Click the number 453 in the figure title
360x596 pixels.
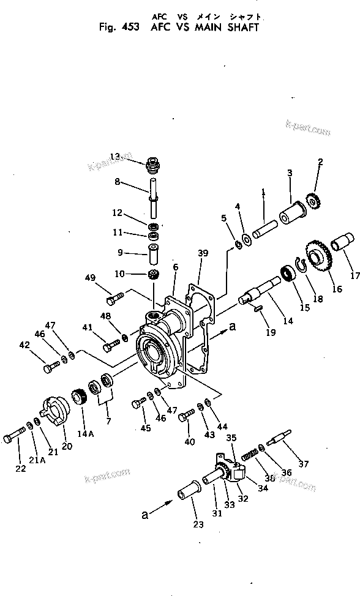(130, 27)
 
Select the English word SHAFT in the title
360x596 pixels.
(240, 27)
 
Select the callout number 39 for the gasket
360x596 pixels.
(203, 252)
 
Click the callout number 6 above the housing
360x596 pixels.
(175, 267)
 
